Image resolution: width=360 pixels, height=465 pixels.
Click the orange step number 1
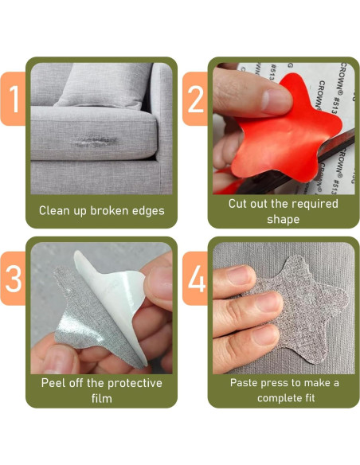point(14,99)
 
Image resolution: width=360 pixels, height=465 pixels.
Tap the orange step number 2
point(196,99)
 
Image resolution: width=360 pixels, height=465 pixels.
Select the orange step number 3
point(14,279)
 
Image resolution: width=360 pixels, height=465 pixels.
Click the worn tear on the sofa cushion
point(94,142)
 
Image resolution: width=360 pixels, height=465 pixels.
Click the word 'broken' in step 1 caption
point(109,210)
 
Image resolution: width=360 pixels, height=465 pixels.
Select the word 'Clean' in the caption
point(53,210)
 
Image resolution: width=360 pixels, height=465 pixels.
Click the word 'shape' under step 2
point(284,220)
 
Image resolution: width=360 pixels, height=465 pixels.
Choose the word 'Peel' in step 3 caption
point(52,383)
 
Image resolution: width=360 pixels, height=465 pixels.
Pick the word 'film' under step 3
point(102,398)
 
